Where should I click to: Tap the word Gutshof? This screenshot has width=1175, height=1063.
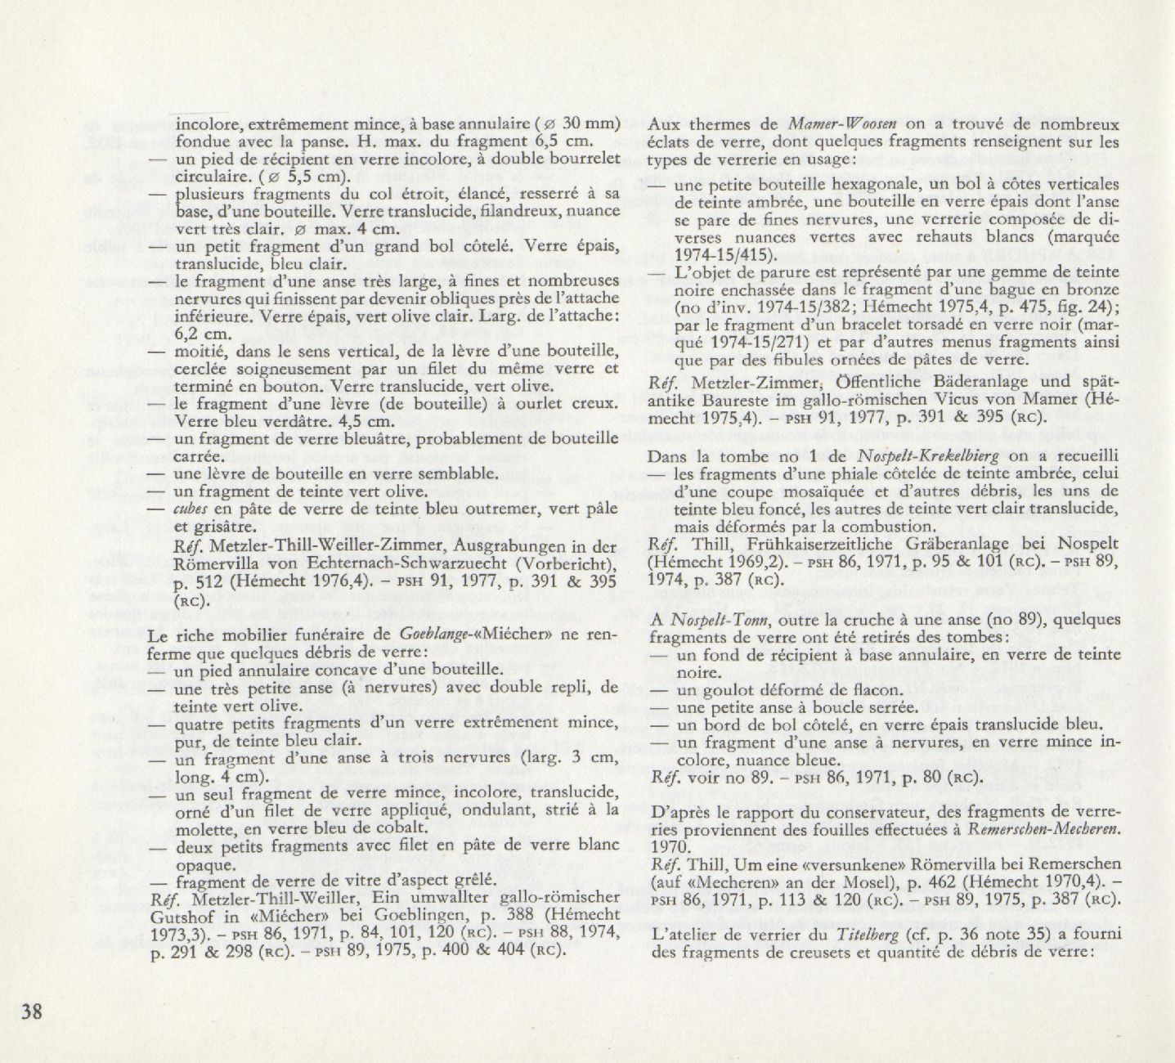(x=185, y=917)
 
